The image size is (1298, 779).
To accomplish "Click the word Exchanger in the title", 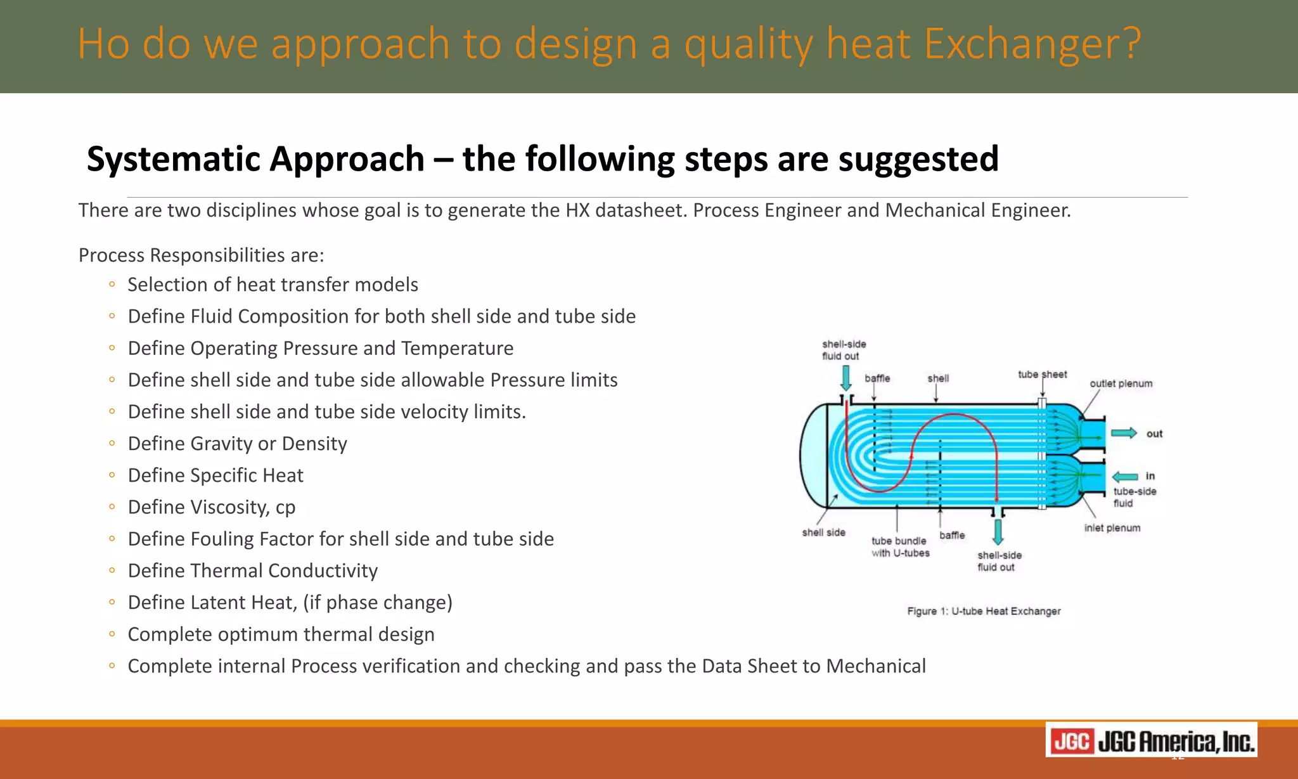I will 1031,44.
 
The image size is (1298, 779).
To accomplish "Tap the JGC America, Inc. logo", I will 1151,740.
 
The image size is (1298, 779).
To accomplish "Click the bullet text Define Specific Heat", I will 215,475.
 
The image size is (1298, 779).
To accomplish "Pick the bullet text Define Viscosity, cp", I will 212,507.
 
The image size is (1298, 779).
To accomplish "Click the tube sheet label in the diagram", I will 1042,375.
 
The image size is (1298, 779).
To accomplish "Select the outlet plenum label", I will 1121,383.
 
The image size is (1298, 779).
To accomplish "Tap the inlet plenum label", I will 1112,528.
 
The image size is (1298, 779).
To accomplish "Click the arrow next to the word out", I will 1124,433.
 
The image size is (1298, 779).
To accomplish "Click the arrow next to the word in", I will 1125,477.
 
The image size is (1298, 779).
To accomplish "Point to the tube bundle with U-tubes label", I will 900,547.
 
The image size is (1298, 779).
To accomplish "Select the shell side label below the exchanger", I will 823,532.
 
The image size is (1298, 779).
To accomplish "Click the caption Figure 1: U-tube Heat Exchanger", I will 984,611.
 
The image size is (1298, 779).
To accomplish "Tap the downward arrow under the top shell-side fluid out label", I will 845,378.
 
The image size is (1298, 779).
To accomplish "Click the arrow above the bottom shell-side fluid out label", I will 998,531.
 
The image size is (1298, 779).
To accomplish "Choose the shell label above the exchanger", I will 938,378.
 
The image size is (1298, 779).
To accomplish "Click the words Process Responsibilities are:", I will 201,255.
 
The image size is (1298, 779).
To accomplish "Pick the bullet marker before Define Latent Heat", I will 112,602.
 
